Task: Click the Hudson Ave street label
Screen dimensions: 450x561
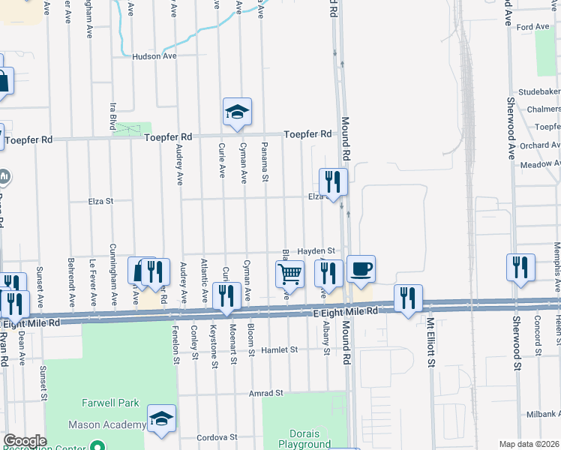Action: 154,56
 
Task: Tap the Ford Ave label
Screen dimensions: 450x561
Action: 533,27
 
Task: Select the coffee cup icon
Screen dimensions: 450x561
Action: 361,268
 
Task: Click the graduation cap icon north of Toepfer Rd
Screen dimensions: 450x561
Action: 237,112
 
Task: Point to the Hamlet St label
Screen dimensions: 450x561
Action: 279,349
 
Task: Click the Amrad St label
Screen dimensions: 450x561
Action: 266,392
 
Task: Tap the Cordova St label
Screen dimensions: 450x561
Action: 217,436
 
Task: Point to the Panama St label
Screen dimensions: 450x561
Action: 265,161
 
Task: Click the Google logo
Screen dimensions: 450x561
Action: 25,441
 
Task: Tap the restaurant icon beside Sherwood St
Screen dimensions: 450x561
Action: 521,268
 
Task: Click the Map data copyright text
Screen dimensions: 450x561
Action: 528,444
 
